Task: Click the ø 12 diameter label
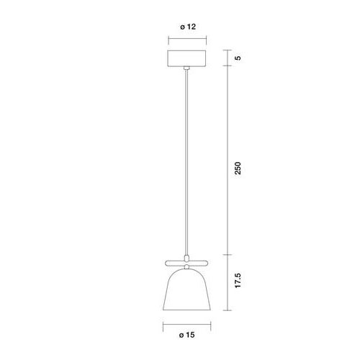(x=188, y=27)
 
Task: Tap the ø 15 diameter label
(x=187, y=335)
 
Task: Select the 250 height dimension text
(x=238, y=168)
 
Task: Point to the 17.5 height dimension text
(x=238, y=280)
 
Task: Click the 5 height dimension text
(x=238, y=58)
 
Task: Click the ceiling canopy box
(x=186, y=58)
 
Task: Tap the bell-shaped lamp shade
(x=186, y=289)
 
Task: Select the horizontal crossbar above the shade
(x=186, y=263)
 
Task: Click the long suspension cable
(x=186, y=162)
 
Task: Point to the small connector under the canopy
(x=186, y=68)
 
